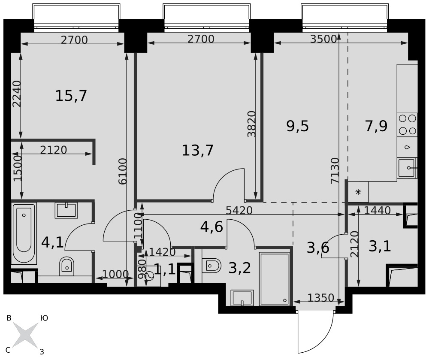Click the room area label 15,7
tap(71, 96)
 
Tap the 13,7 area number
tap(197, 151)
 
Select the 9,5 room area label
tap(298, 127)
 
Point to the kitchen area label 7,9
tap(376, 127)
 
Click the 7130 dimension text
tap(335, 170)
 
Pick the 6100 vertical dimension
tap(123, 171)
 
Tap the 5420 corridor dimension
tap(239, 210)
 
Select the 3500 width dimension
tap(323, 39)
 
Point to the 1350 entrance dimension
tap(320, 297)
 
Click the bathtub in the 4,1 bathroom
tap(24, 233)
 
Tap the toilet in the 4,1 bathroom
tap(67, 266)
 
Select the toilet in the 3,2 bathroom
tap(212, 266)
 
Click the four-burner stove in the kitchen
tap(408, 124)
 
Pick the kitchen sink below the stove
tap(407, 168)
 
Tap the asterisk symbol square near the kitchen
tap(358, 192)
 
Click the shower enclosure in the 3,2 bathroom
tap(274, 279)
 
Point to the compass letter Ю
tap(44, 318)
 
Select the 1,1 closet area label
tap(164, 269)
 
